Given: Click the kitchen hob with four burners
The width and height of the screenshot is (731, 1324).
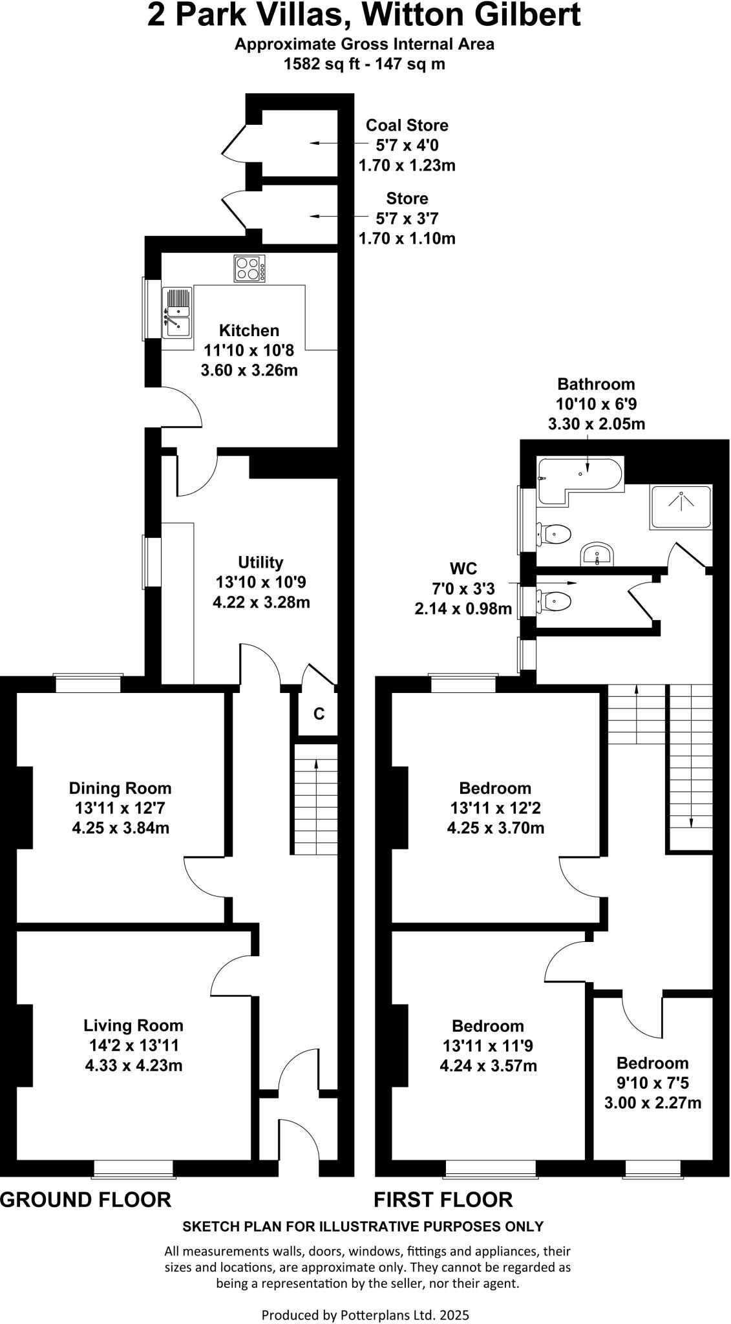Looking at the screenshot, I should tap(250, 268).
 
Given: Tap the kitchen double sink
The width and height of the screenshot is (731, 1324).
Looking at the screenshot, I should tap(176, 313).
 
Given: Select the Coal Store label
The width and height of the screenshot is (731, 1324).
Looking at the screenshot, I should tap(407, 125).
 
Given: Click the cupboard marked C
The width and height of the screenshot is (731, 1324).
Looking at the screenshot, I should tap(318, 714).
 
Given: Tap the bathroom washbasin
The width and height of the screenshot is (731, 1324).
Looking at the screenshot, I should tap(599, 555).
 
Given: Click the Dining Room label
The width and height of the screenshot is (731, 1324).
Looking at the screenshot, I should tap(120, 788).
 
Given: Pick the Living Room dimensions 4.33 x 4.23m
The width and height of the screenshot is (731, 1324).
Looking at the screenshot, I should tap(134, 1065).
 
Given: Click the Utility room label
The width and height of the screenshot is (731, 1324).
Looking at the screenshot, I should tap(260, 562).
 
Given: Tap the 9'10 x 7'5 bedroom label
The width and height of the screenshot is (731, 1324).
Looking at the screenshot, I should tap(652, 1083).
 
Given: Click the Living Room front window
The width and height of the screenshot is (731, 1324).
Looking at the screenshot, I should tap(133, 1167).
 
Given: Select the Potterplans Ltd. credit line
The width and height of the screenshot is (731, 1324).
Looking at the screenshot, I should tap(365, 1297).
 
